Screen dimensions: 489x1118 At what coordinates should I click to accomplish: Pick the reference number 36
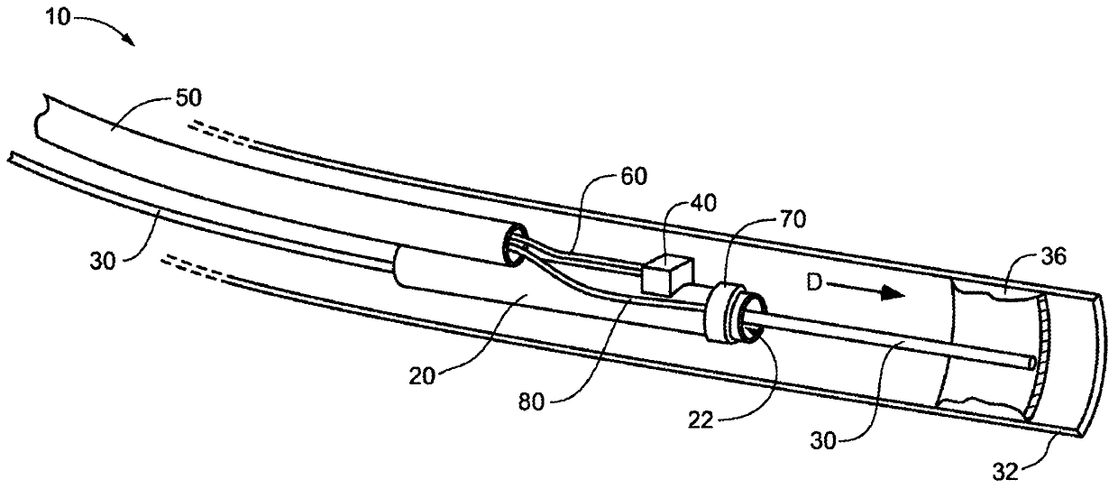click(x=1052, y=257)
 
